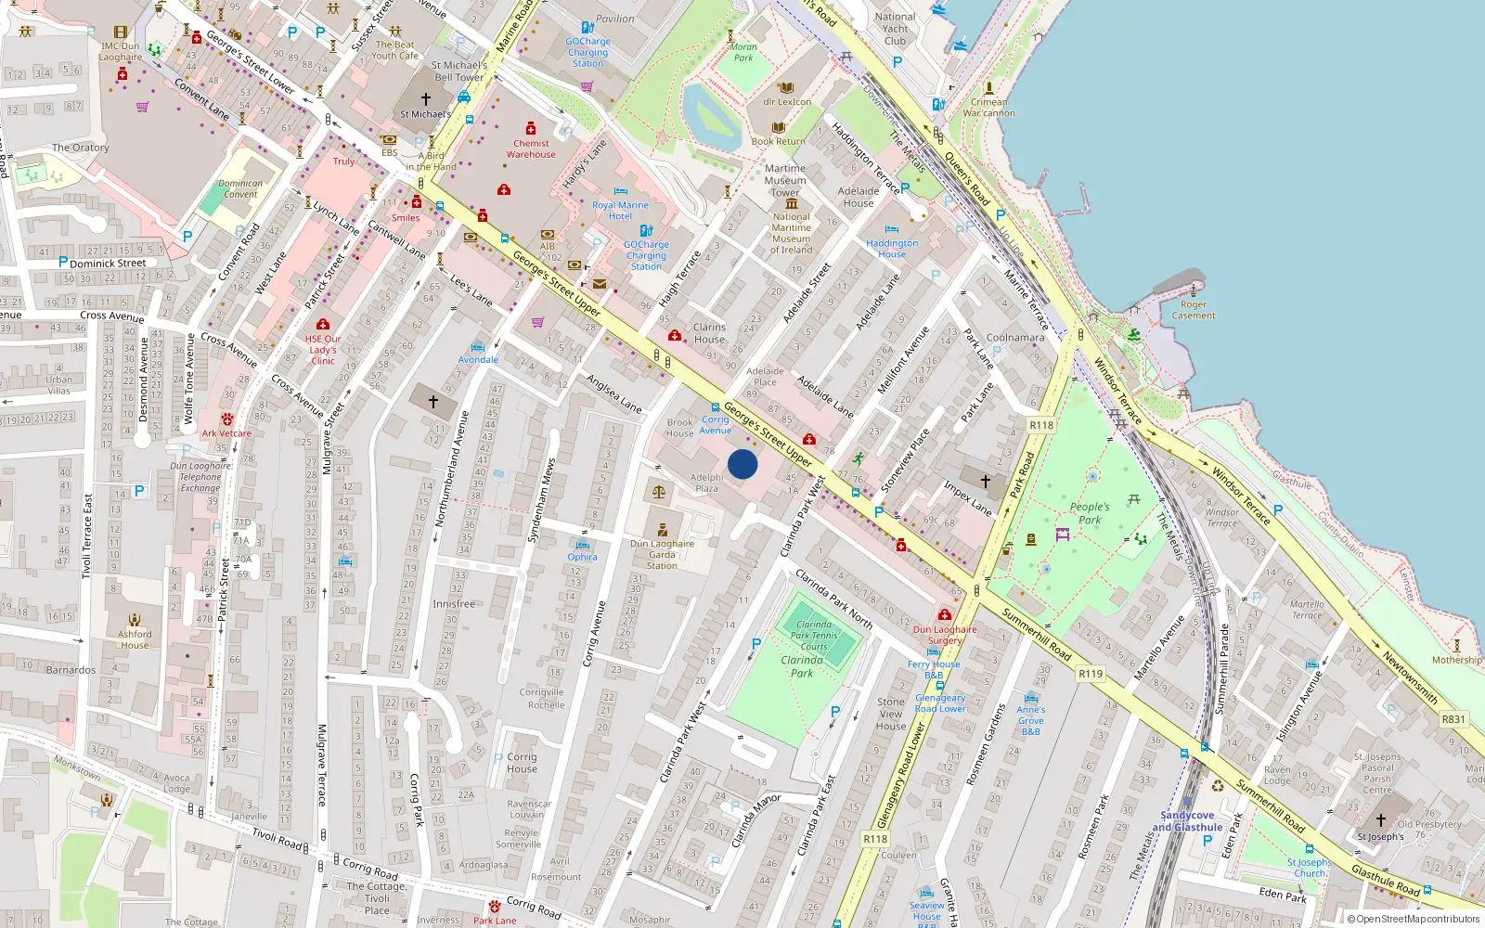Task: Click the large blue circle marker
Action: tap(742, 464)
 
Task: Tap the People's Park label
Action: tap(1090, 513)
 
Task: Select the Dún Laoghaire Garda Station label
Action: tap(662, 555)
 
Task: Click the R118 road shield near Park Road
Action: tap(1041, 425)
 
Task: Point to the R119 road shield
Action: tap(1091, 674)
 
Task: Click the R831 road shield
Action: tap(1453, 719)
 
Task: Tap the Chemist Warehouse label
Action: tap(531, 148)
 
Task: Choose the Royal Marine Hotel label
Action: tap(620, 211)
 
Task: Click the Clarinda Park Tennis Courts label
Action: tap(814, 636)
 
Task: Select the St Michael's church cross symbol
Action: tap(426, 98)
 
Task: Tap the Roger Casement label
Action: tap(1194, 310)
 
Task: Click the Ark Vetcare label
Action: tap(226, 433)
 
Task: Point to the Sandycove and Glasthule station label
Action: tap(1187, 821)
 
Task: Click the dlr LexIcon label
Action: tap(787, 102)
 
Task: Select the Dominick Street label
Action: tap(108, 264)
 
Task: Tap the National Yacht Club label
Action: tap(895, 29)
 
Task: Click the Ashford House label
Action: tap(135, 639)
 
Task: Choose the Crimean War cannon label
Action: tap(988, 108)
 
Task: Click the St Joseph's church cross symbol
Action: tap(1380, 820)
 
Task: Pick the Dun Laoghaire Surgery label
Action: tap(945, 635)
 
